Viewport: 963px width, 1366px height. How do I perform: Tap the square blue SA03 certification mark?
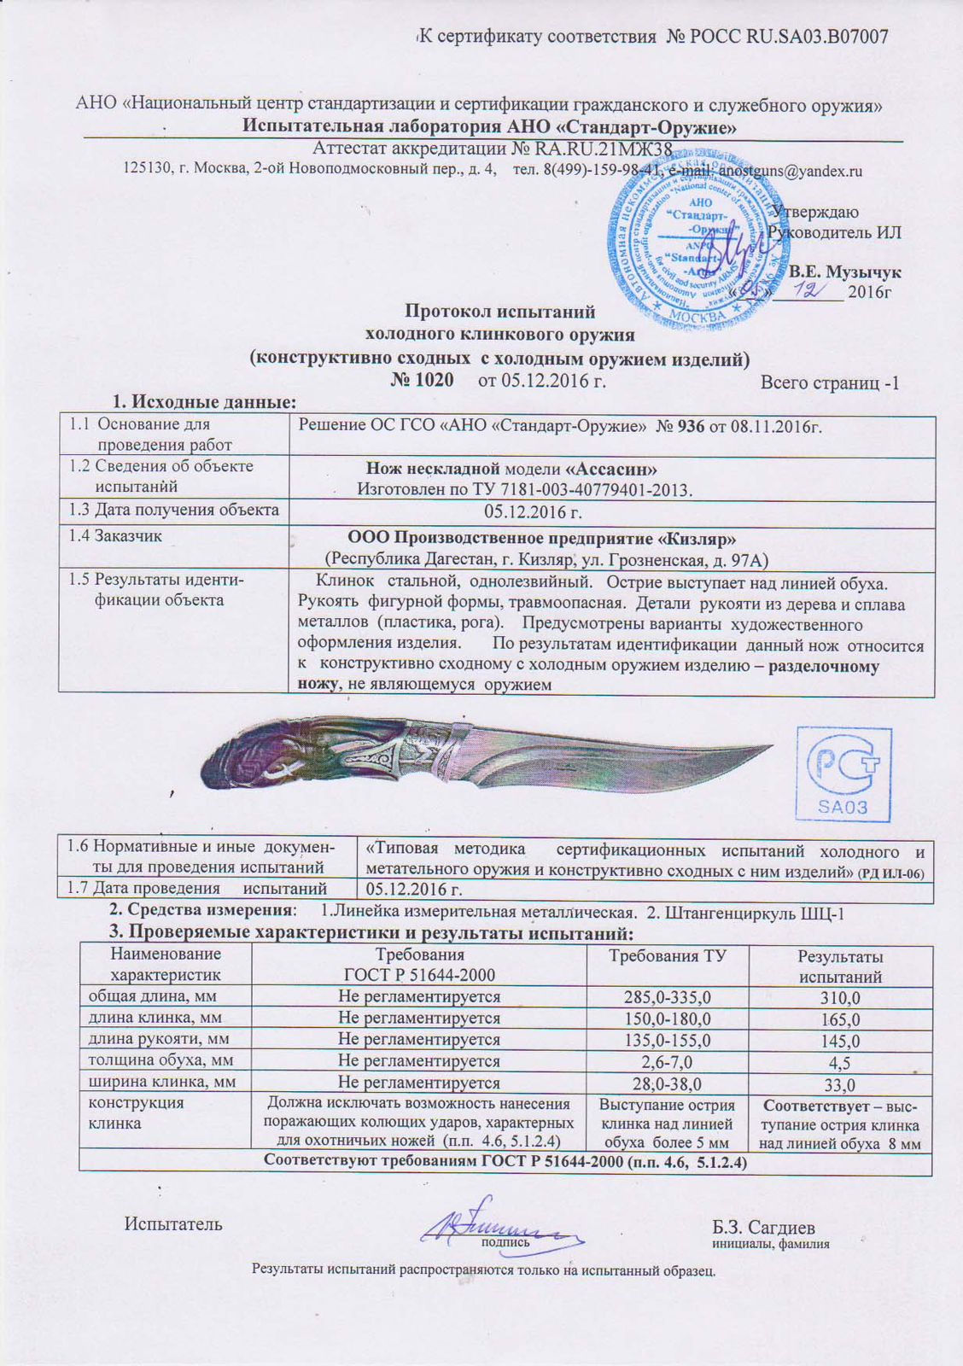click(843, 775)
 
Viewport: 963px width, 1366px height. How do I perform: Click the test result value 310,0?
click(840, 998)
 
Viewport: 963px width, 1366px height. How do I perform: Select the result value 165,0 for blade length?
click(840, 1019)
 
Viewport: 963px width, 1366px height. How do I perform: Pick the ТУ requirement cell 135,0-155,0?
click(667, 1040)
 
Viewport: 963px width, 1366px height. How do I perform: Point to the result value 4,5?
click(840, 1063)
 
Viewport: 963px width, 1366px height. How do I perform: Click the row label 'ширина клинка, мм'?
click(156, 1083)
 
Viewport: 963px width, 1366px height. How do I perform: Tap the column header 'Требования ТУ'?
click(667, 955)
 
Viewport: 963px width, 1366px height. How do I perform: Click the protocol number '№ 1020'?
click(422, 379)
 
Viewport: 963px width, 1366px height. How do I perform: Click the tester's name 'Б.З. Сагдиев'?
click(763, 1228)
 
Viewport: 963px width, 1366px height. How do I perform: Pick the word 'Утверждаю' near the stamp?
click(815, 212)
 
